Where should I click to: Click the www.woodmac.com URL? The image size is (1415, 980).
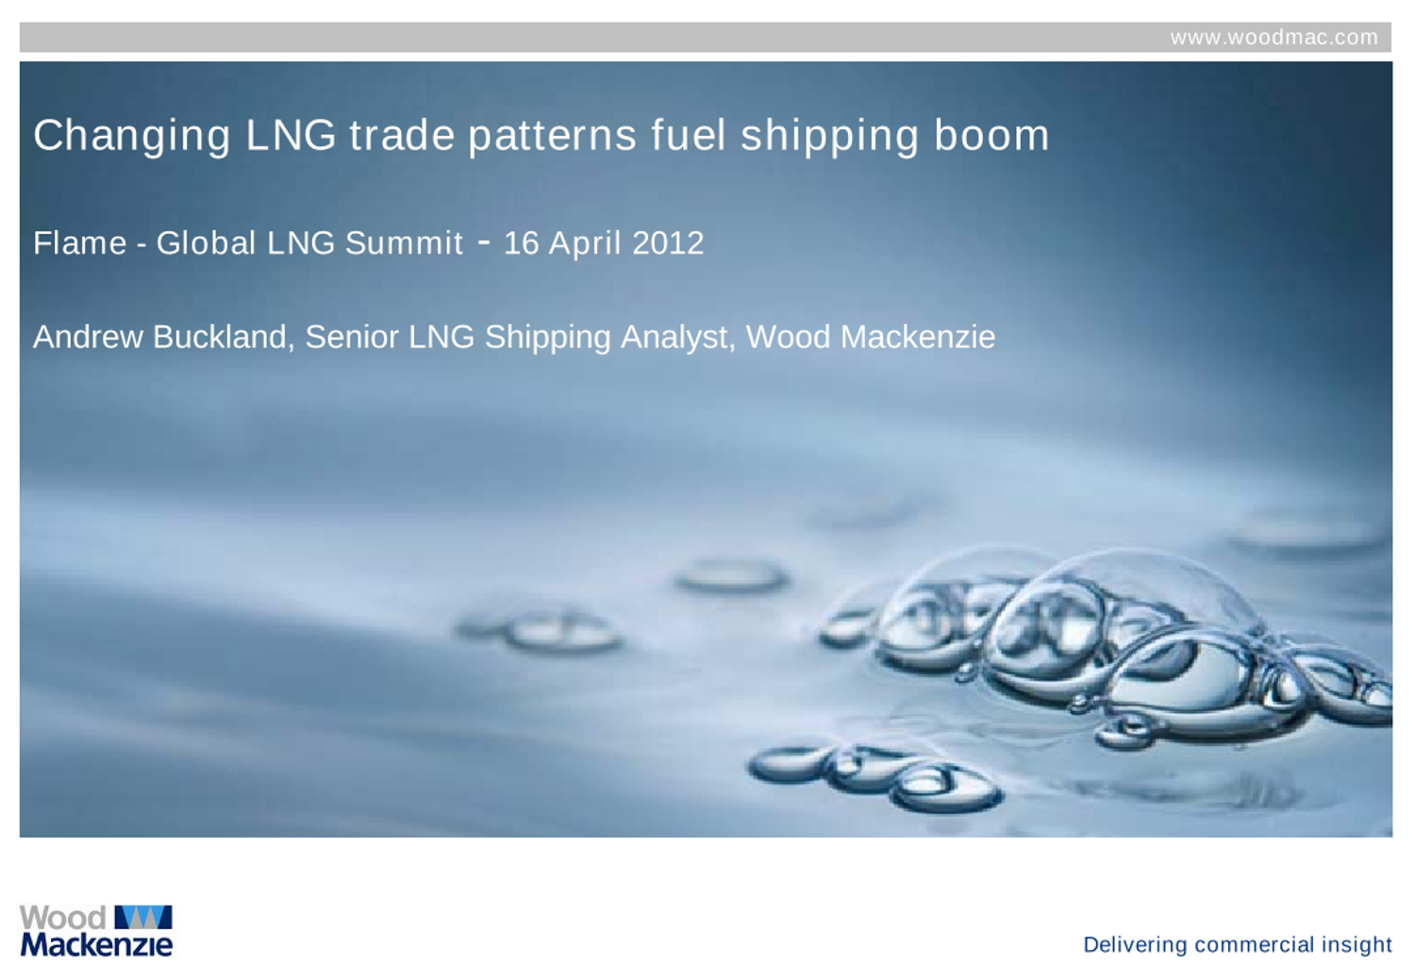pyautogui.click(x=1273, y=38)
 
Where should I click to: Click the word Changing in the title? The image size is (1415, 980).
pyautogui.click(x=132, y=136)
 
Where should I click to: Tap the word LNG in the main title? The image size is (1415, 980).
pyautogui.click(x=291, y=135)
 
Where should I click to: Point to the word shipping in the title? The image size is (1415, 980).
pyautogui.click(x=829, y=136)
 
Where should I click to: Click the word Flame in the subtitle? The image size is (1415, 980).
pyautogui.click(x=79, y=243)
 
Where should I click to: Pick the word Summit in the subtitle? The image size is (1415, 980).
pyautogui.click(x=404, y=243)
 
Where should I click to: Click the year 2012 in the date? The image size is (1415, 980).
pyautogui.click(x=668, y=243)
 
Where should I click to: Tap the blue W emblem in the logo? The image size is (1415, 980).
pyautogui.click(x=142, y=917)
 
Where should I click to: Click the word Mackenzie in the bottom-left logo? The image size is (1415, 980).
pyautogui.click(x=96, y=943)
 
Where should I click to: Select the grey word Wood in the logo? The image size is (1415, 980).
pyautogui.click(x=62, y=918)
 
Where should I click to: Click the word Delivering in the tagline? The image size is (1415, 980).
pyautogui.click(x=1135, y=944)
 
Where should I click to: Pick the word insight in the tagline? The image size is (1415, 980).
pyautogui.click(x=1357, y=944)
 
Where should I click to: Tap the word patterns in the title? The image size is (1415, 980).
pyautogui.click(x=552, y=136)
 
